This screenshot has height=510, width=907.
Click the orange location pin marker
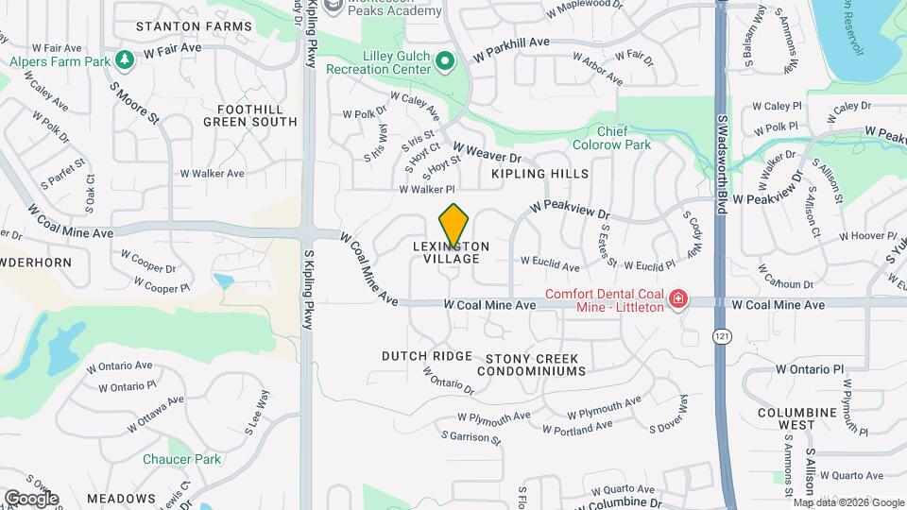coord(453,227)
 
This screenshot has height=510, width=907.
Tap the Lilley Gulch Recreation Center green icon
coord(446,62)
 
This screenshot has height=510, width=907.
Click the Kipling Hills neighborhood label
coord(539,174)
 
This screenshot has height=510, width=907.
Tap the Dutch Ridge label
coord(426,356)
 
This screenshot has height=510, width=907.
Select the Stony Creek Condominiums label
coord(536,365)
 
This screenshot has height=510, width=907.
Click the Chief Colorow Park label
coord(611,138)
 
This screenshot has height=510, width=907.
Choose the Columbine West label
coord(796,418)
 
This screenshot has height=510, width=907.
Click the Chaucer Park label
coord(181,459)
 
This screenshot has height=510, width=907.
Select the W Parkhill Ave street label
coord(513,42)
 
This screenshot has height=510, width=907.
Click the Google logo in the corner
coord(30,498)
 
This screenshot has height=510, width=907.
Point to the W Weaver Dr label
coord(487,152)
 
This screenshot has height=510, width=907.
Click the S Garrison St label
coord(471,436)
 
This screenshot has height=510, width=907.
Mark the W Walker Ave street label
coord(213,173)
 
